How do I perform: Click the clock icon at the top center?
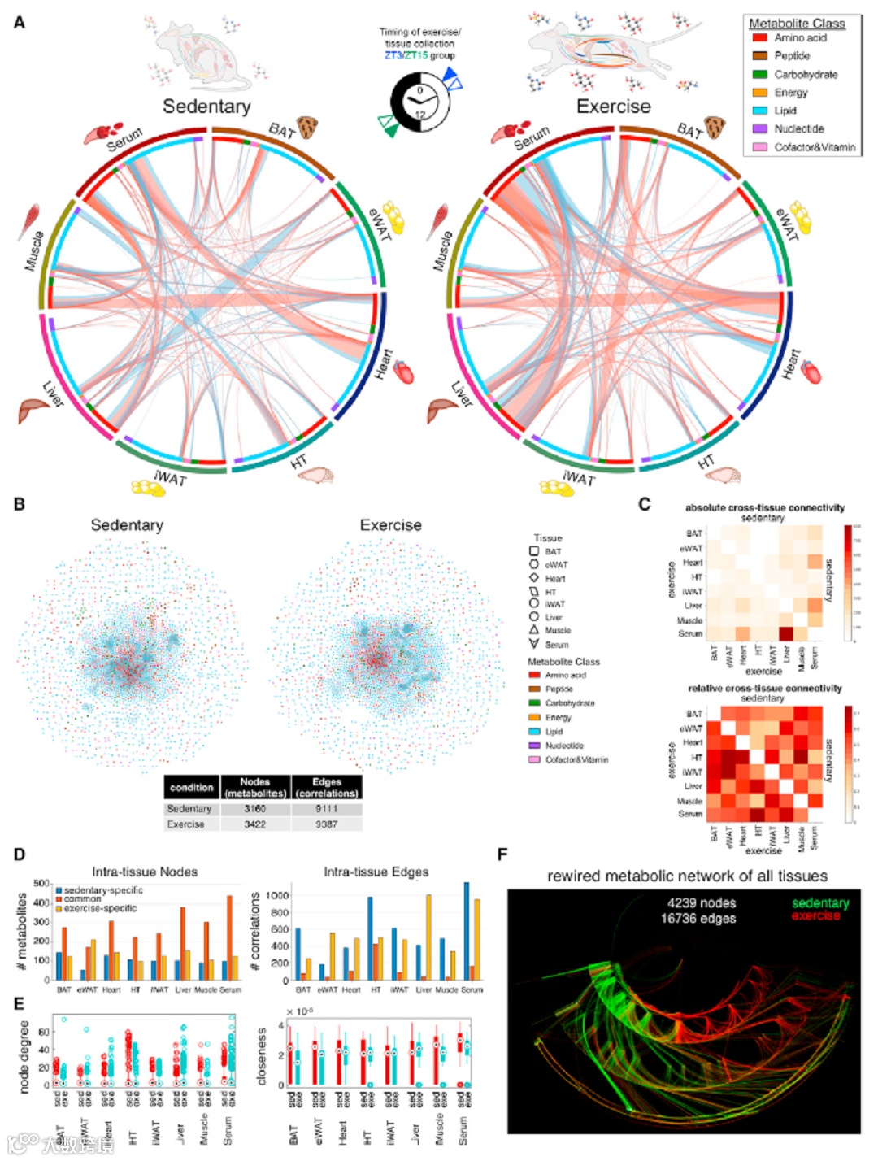tap(419, 102)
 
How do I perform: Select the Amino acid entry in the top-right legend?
tap(800, 37)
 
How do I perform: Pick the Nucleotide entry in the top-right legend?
tap(798, 128)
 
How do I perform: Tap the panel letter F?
tap(502, 854)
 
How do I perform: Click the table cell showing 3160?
tap(254, 809)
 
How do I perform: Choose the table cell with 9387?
tap(326, 824)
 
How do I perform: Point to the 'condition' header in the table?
tap(192, 787)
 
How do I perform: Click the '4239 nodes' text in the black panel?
tap(702, 903)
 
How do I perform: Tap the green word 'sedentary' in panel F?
tap(820, 903)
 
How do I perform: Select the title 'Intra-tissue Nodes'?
tap(145, 872)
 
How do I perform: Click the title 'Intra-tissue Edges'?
tap(376, 872)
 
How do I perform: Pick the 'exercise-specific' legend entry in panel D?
tap(100, 908)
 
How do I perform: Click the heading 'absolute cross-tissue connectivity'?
tap(764, 507)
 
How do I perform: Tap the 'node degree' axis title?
tap(24, 1057)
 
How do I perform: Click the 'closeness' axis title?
tap(262, 1057)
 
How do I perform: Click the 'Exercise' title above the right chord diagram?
tap(613, 107)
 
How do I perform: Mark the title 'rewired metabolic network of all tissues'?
tap(687, 876)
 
